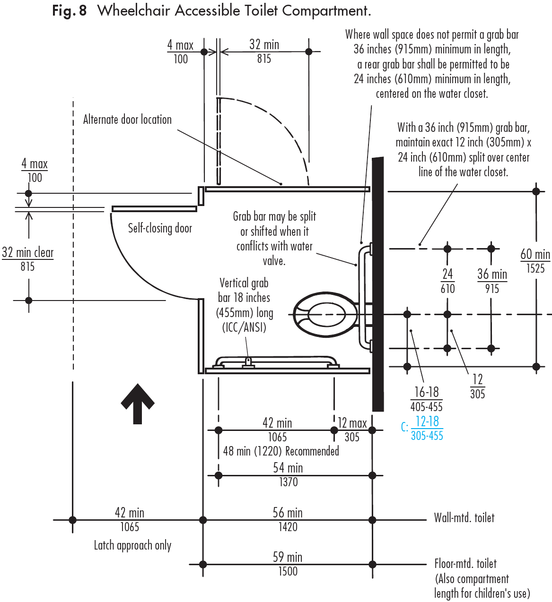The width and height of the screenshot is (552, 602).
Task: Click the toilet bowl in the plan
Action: pos(325,314)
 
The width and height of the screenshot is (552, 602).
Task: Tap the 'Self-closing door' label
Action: pos(160,228)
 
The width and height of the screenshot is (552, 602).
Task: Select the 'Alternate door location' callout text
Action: pos(127,120)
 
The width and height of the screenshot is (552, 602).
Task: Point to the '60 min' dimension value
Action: pos(535,255)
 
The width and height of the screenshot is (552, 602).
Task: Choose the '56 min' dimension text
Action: pos(288,513)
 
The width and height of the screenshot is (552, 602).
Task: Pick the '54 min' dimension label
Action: pos(288,468)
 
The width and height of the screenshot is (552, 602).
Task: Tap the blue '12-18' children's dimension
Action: pos(427,421)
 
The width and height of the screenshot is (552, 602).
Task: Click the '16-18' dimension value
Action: pos(426,392)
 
